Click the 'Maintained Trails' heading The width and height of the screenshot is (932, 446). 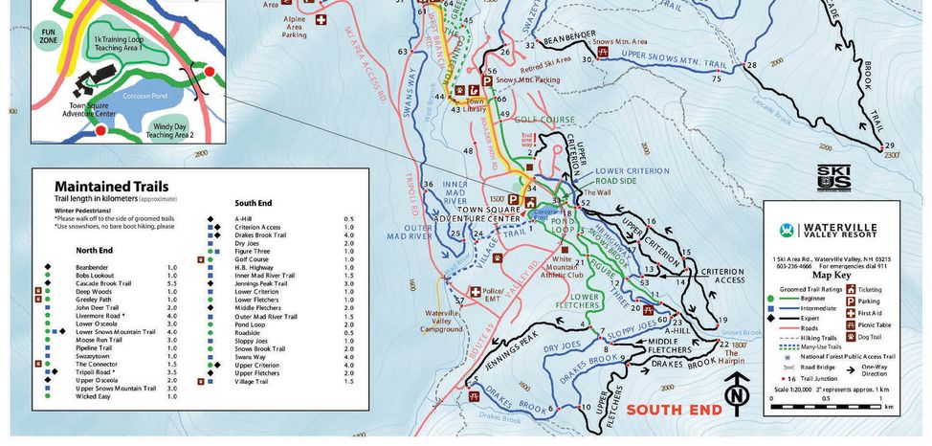(x=111, y=186)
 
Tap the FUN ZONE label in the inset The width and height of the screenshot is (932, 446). (x=47, y=36)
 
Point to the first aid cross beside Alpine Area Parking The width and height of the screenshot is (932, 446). (x=322, y=18)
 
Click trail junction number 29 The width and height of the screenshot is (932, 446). (x=889, y=145)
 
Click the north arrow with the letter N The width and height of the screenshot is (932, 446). (x=735, y=392)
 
